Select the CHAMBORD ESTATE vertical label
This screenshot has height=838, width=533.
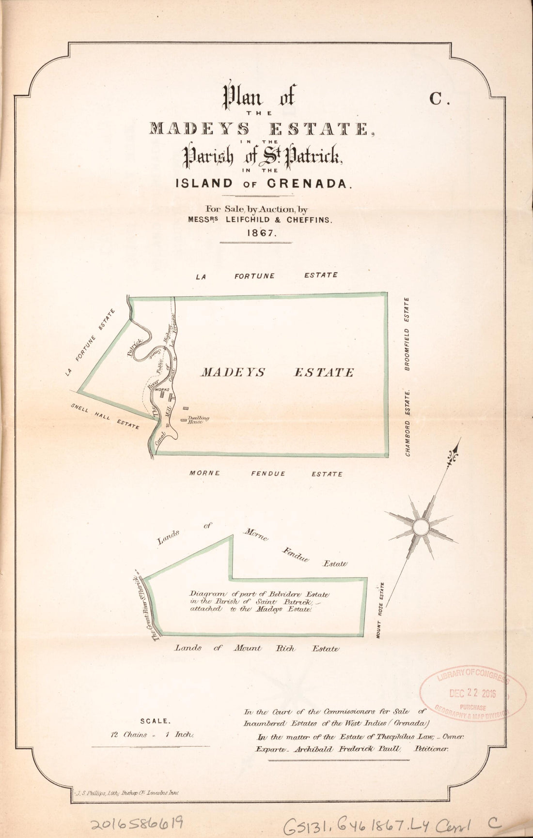(408, 421)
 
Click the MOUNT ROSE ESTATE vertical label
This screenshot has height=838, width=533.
(381, 609)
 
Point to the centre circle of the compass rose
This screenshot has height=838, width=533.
(420, 526)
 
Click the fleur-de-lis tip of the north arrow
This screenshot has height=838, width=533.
(455, 455)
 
